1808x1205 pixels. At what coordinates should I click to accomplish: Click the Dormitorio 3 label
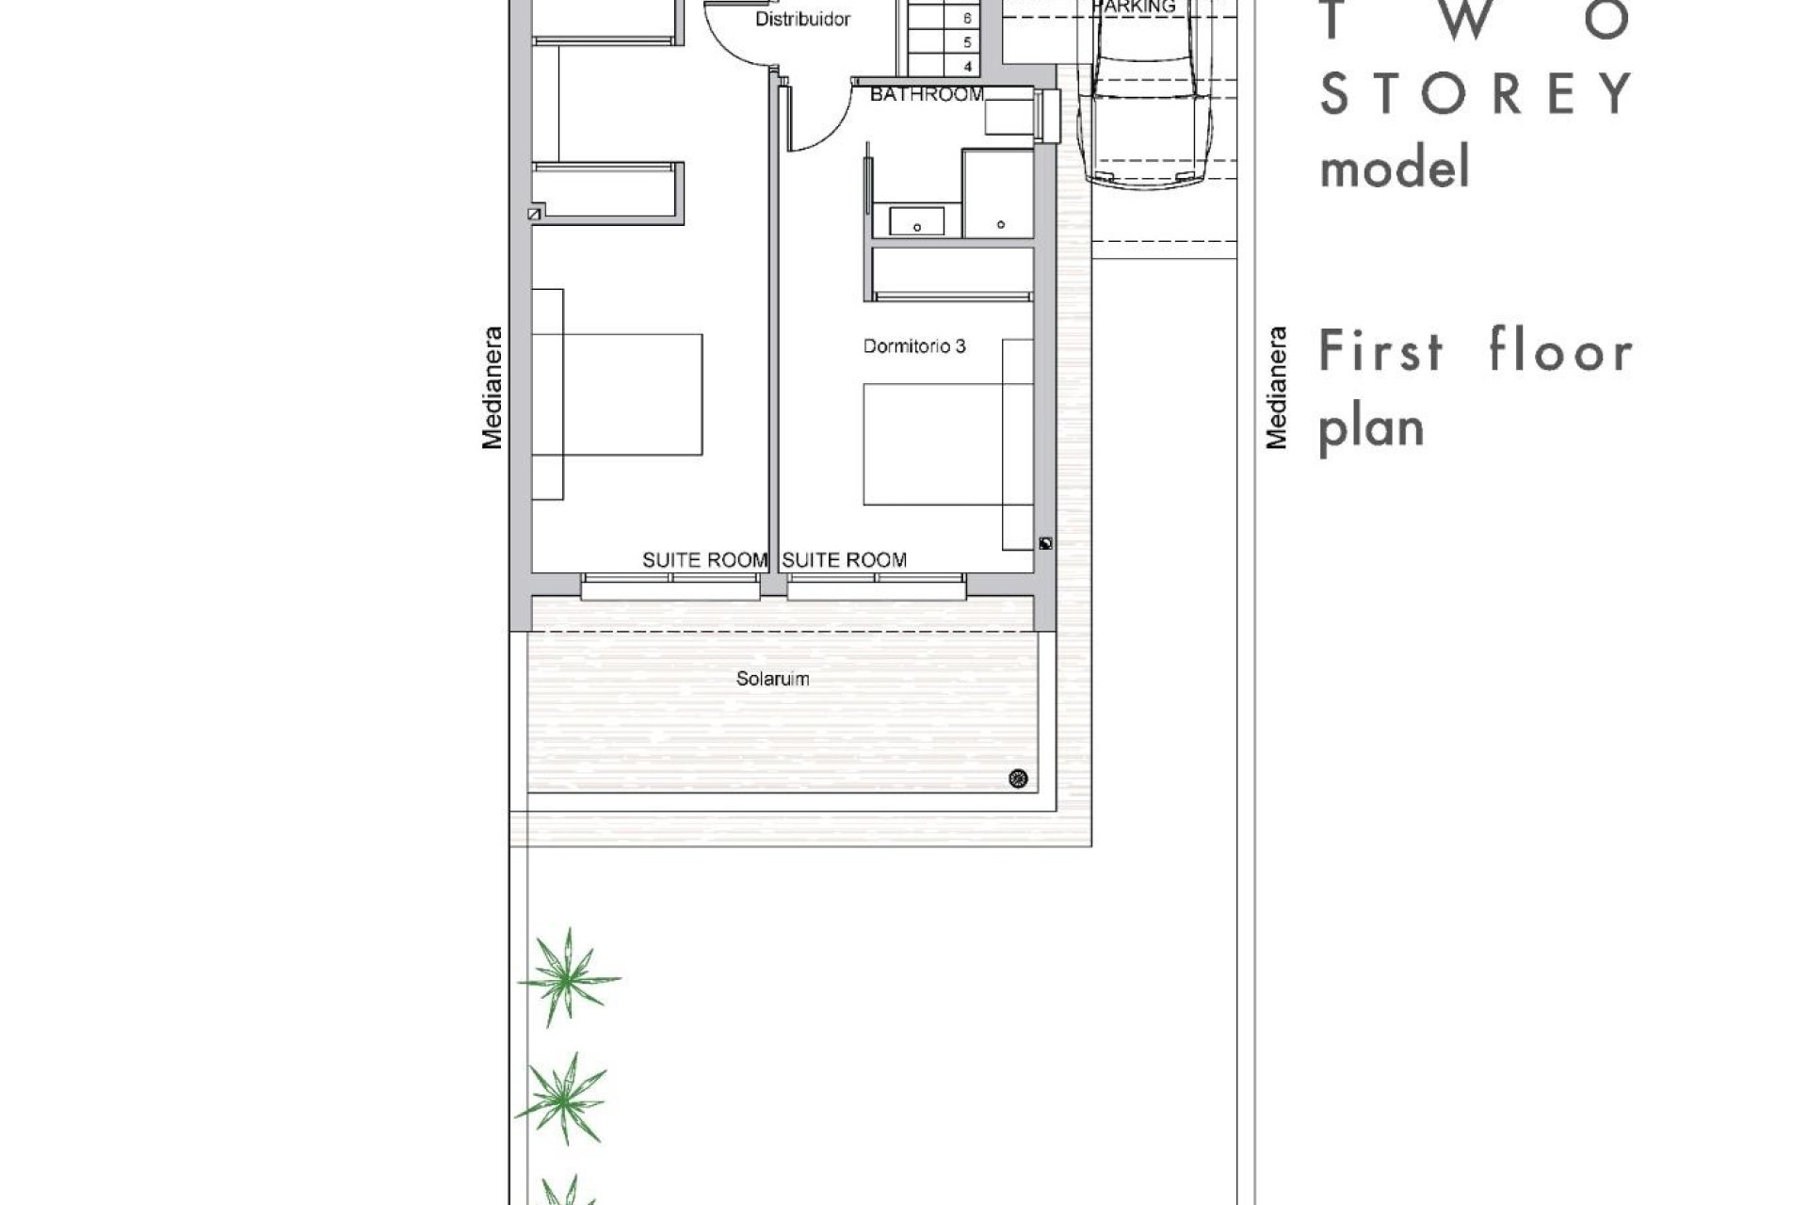[x=913, y=346]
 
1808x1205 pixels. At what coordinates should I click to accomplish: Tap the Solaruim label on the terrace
[x=772, y=679]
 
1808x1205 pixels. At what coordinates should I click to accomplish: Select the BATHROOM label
[x=927, y=94]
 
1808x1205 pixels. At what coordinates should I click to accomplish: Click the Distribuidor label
[x=803, y=19]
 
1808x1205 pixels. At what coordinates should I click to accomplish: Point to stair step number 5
[x=967, y=42]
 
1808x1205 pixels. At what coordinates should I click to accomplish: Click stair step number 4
[x=967, y=67]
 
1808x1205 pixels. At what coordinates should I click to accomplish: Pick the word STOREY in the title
[x=1475, y=93]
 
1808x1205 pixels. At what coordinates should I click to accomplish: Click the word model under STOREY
[x=1395, y=169]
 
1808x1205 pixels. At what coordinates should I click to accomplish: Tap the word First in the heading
[x=1381, y=352]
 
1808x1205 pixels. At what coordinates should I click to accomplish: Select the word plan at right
[x=1370, y=429]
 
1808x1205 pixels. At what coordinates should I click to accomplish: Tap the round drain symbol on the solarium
[x=1018, y=779]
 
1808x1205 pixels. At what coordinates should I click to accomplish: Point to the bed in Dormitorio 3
[x=932, y=443]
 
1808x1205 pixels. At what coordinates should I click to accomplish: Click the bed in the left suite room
[x=617, y=394]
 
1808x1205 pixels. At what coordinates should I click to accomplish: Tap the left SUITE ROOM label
[x=704, y=560]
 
